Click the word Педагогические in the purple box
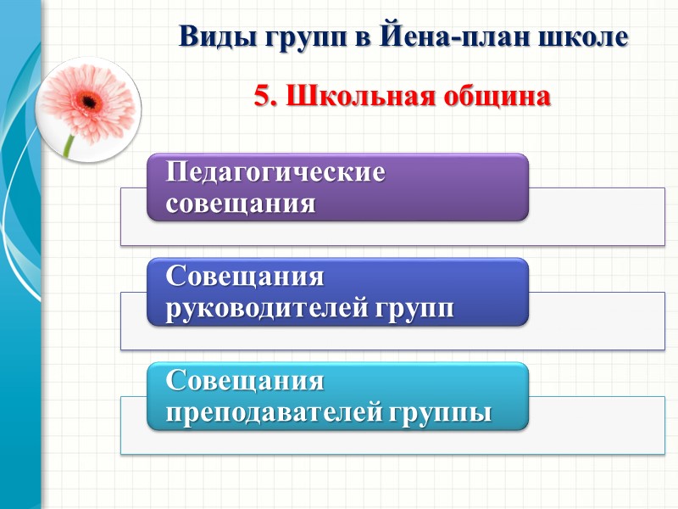click(x=275, y=171)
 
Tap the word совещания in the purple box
click(x=241, y=204)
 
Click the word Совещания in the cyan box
click(x=245, y=381)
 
